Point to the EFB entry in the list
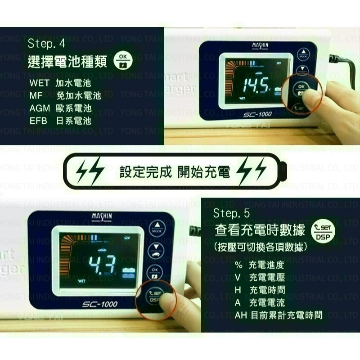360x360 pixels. pos(39,121)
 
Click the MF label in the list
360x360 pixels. pos(36,96)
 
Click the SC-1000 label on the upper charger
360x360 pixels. pos(258,114)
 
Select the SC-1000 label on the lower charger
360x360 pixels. pos(99,304)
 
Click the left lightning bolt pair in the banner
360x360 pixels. pos(90,171)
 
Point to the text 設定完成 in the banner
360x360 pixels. pos(145,171)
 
